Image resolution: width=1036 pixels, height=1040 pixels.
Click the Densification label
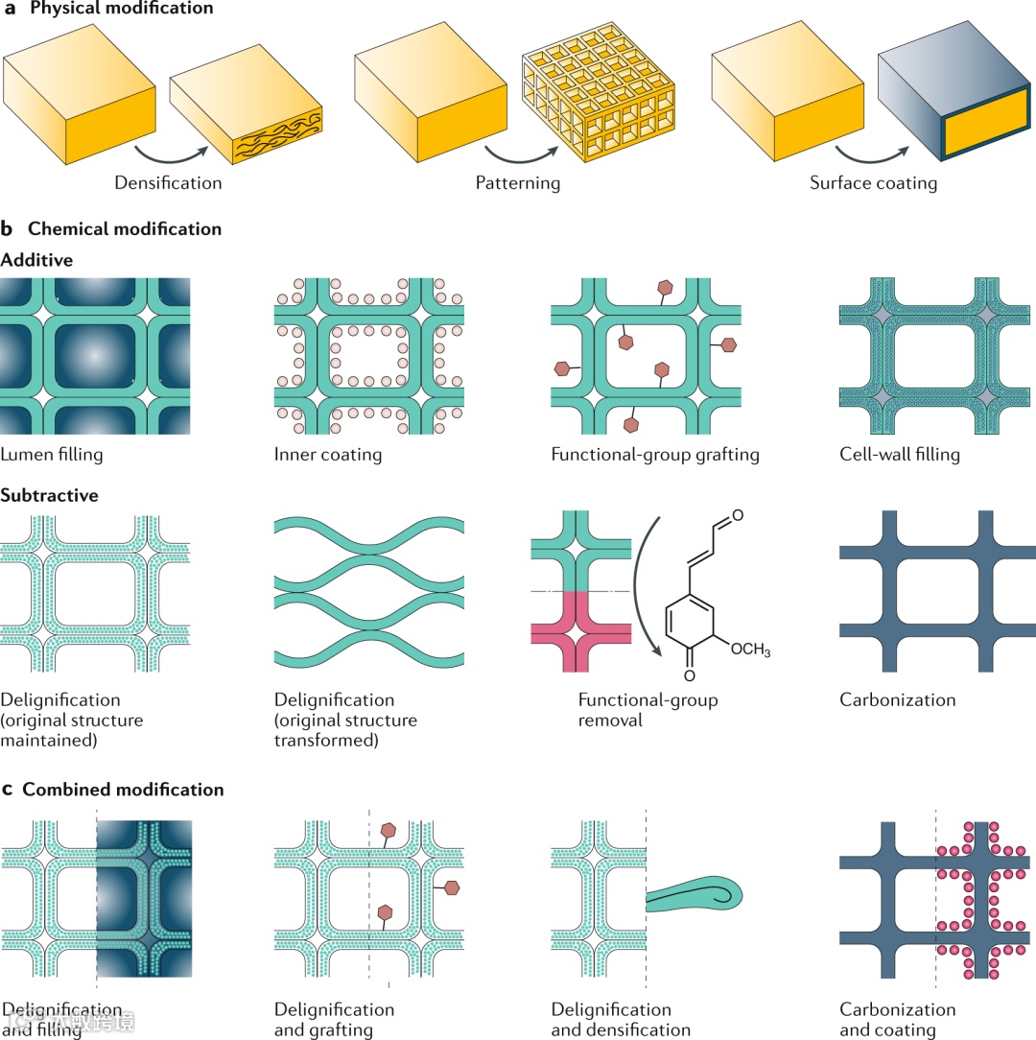point(168,182)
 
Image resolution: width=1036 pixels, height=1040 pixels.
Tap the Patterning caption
point(518,182)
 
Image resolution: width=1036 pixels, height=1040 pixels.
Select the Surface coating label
point(873,182)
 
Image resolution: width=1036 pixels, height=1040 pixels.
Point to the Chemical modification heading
point(125,229)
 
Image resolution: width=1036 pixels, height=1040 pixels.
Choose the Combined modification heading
point(123,790)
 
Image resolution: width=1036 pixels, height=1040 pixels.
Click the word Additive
point(37,259)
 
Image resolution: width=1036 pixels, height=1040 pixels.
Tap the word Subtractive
point(51,496)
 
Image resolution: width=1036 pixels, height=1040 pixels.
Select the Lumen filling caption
point(54,455)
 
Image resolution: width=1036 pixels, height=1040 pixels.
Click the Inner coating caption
point(328,455)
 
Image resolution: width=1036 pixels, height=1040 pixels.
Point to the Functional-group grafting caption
point(655,455)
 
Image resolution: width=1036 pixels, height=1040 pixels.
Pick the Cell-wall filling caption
point(900,455)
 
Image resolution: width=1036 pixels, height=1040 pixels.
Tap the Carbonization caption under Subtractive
point(898,699)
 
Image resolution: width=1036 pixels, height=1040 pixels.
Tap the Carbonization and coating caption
point(898,1020)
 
